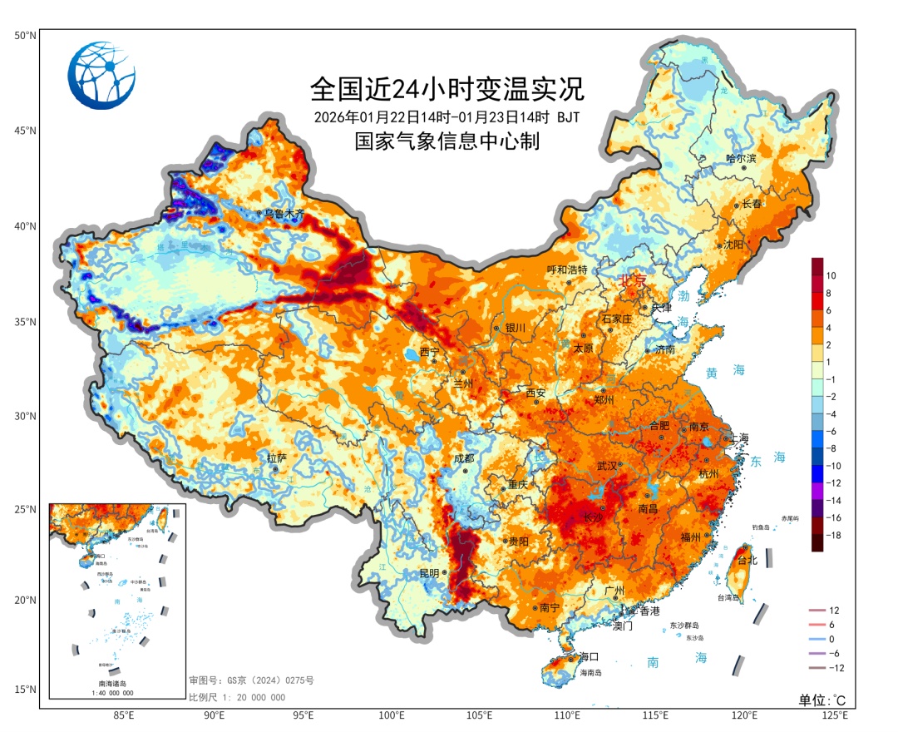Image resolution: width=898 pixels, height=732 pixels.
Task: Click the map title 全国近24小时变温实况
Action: click(x=447, y=87)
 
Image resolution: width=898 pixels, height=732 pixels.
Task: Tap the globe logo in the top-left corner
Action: click(x=101, y=75)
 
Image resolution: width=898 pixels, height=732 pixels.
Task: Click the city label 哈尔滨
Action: click(x=741, y=158)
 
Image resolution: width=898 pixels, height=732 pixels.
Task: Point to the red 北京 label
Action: click(x=631, y=282)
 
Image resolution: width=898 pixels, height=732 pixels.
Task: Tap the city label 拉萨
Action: click(x=276, y=458)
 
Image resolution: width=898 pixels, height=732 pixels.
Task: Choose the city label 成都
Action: click(x=463, y=458)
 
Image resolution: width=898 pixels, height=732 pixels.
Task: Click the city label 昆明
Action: click(x=430, y=573)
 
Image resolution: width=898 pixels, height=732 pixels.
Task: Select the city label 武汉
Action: click(x=607, y=466)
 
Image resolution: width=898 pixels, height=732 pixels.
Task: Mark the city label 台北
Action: click(x=748, y=561)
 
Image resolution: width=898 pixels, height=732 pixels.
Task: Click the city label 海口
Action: click(x=589, y=656)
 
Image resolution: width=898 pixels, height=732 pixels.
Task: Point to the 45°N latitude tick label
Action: click(x=25, y=131)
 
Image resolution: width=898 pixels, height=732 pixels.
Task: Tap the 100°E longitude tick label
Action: click(x=391, y=715)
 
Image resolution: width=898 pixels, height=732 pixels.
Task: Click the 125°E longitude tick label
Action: click(x=835, y=715)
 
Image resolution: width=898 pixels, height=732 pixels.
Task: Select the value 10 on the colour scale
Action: click(x=831, y=275)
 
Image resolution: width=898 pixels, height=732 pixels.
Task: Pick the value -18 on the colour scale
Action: click(x=833, y=536)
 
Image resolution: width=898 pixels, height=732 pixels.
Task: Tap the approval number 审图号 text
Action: click(x=251, y=680)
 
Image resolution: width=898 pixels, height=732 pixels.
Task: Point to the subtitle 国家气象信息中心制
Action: click(x=447, y=141)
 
